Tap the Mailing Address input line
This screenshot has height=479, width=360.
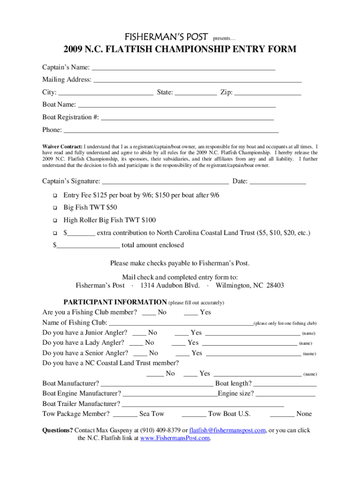pyautogui.click(x=197, y=80)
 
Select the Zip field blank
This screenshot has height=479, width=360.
pyautogui.click(x=267, y=93)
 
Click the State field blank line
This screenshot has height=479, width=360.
pyautogui.click(x=196, y=93)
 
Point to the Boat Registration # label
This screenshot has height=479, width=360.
pyautogui.click(x=71, y=117)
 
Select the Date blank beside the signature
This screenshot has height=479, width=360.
pyautogui.click(x=278, y=181)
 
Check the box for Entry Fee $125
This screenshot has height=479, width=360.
pyautogui.click(x=55, y=195)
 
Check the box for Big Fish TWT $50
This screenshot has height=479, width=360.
pyautogui.click(x=55, y=207)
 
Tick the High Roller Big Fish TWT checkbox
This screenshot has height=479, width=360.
pyautogui.click(x=55, y=220)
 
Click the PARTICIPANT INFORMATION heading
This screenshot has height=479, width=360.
pyautogui.click(x=115, y=302)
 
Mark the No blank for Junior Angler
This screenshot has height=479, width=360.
pyautogui.click(x=139, y=334)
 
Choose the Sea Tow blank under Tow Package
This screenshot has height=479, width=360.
pyautogui.click(x=125, y=414)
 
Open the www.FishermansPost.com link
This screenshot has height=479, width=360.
pyautogui.click(x=175, y=439)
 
